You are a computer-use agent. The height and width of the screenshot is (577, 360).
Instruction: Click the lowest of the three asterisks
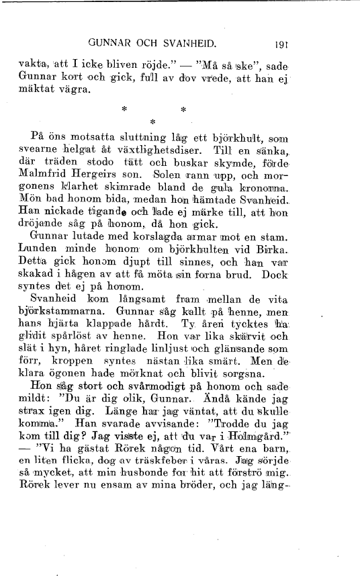click(x=153, y=122)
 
